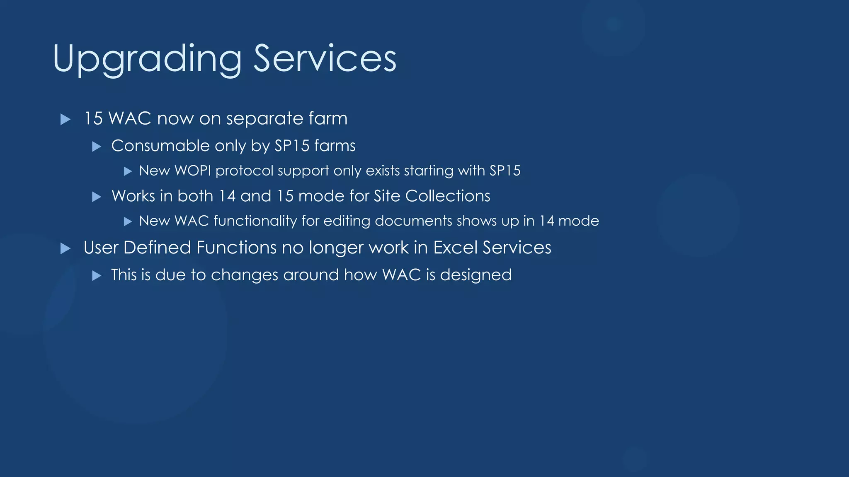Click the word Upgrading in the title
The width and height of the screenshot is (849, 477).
coord(147,59)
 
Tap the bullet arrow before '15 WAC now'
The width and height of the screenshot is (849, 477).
coord(65,120)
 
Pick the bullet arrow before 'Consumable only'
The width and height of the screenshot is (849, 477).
coord(97,147)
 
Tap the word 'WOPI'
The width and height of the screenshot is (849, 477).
coord(193,171)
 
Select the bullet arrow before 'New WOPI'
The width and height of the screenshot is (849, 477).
coord(128,171)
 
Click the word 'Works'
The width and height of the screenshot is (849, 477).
coord(133,196)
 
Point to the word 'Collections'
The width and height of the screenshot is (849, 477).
coord(448,196)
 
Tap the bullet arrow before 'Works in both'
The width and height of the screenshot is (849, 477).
coord(97,197)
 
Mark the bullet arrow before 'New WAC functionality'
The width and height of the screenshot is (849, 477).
coord(128,222)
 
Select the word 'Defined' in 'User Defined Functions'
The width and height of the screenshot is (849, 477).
coord(157,248)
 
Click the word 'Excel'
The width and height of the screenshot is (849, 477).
coord(455,248)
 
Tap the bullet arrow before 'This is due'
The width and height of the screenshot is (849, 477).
coord(97,276)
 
